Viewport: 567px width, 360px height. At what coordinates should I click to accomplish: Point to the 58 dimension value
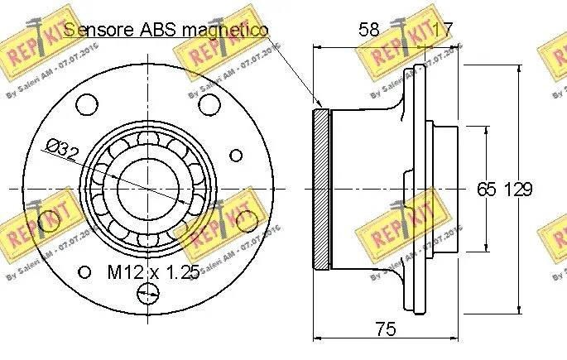[368, 30]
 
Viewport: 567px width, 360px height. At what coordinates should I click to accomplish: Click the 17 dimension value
[443, 30]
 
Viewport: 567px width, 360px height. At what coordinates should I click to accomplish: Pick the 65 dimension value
[487, 189]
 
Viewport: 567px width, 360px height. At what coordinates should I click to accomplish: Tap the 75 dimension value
[385, 329]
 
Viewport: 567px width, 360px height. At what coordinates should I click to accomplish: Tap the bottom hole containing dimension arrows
[147, 292]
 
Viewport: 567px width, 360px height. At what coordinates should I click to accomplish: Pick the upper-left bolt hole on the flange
[86, 104]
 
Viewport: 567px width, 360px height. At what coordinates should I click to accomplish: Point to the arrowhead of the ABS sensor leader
[319, 105]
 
